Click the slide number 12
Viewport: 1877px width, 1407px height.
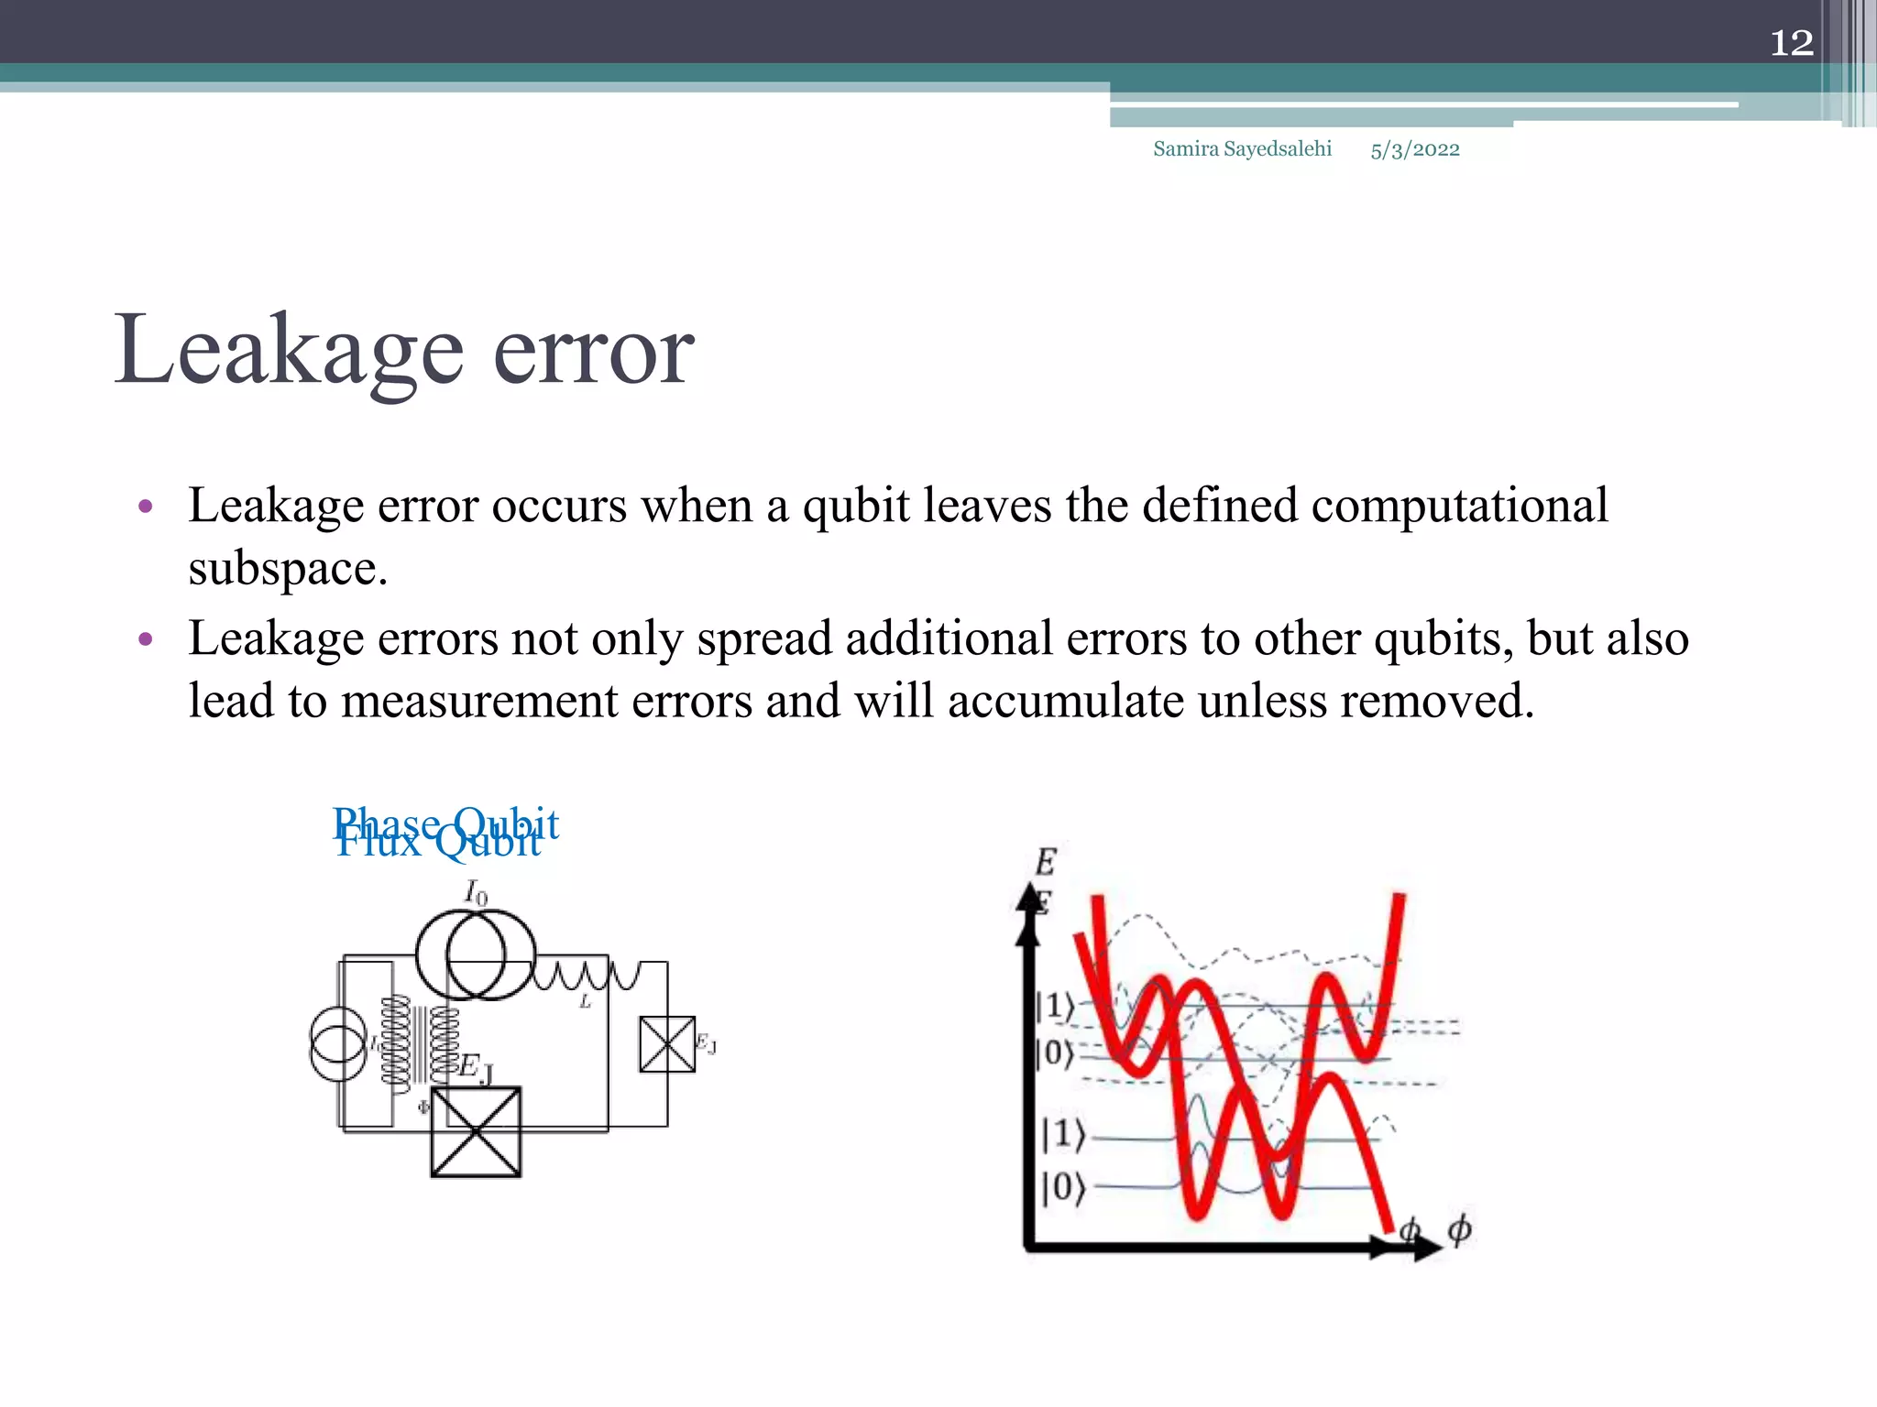tap(1791, 43)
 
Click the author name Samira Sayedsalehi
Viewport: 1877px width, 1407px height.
tap(1242, 149)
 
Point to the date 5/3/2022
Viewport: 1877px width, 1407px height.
tap(1414, 150)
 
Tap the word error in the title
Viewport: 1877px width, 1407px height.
tap(593, 353)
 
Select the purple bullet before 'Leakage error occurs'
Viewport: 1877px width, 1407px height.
tap(145, 507)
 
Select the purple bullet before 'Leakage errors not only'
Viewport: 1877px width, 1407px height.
tap(145, 639)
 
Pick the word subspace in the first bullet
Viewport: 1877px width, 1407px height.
tap(288, 569)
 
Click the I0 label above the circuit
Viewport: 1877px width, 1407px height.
tap(476, 892)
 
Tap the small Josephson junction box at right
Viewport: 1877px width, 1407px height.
tap(667, 1044)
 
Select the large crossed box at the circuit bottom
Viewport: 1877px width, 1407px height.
tap(476, 1132)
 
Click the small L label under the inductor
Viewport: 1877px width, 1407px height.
tap(585, 1003)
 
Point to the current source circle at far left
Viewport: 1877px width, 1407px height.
tap(338, 1044)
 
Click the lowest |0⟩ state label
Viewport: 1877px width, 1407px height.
tap(1063, 1188)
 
